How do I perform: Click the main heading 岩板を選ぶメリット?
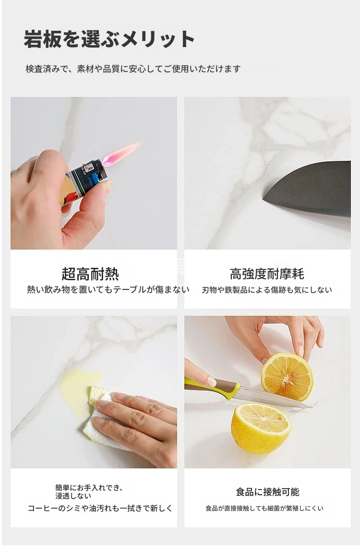109,39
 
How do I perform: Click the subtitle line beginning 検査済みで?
133,69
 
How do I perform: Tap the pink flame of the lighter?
121,154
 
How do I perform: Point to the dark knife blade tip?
264,199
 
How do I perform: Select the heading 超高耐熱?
90,274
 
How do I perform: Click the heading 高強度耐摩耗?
267,274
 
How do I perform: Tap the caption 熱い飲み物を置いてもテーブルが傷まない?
108,289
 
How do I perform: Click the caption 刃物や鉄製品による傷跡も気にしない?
267,290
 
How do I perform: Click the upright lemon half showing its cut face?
287,377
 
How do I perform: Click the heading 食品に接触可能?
267,492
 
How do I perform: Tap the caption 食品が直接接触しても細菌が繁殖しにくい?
264,508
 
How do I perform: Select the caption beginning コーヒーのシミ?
100,508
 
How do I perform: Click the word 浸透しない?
73,496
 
